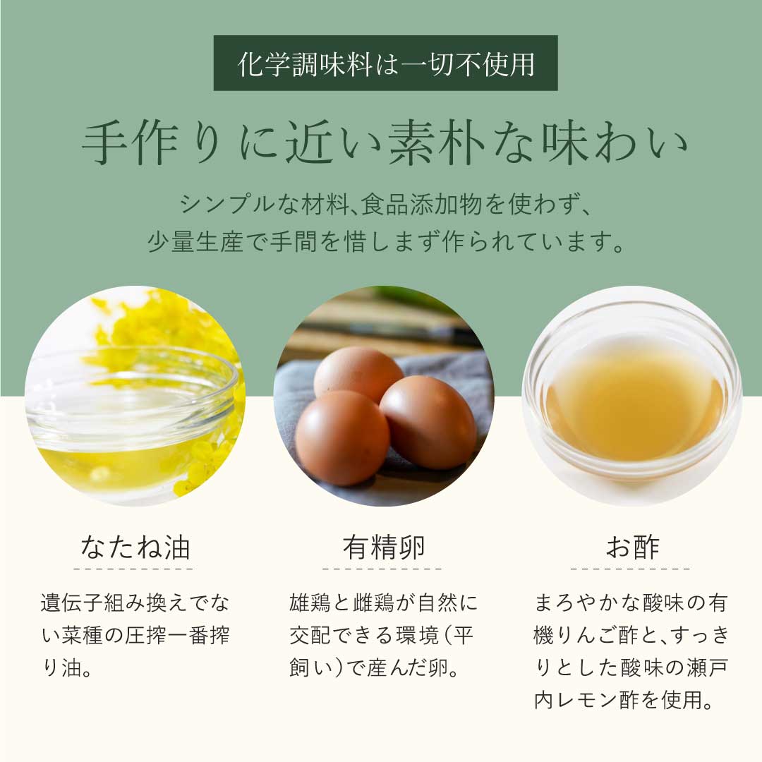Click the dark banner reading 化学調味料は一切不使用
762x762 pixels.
[385, 64]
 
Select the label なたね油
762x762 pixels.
[135, 548]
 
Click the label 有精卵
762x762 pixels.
[383, 548]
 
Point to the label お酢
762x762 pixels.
[632, 548]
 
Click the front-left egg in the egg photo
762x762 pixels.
[342, 438]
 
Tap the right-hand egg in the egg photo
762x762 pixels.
[428, 422]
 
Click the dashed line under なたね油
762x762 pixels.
[133, 568]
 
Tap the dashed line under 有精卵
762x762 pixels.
[382, 568]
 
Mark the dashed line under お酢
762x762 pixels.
[631, 568]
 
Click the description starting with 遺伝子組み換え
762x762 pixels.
[135, 635]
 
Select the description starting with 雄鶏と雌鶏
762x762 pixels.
[383, 635]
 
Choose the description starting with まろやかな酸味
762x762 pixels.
[631, 651]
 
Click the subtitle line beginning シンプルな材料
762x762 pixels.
[385, 204]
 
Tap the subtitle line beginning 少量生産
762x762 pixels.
[385, 241]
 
